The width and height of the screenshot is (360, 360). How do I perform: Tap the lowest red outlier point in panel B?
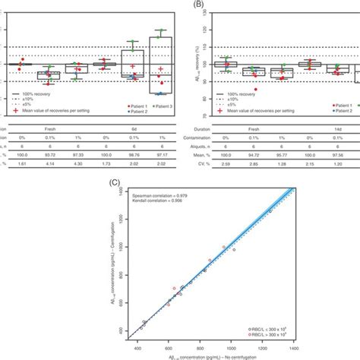tap(256, 89)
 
